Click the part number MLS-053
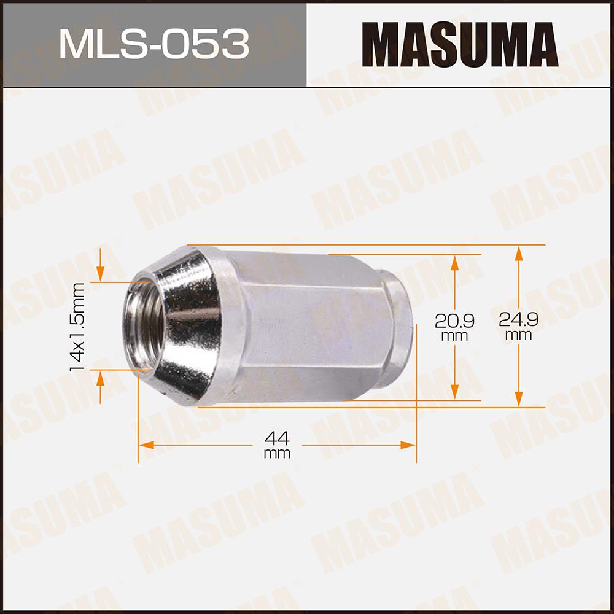pyautogui.click(x=154, y=44)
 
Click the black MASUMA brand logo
pyautogui.click(x=460, y=44)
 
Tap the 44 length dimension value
pyautogui.click(x=278, y=438)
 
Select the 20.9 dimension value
pyautogui.click(x=454, y=322)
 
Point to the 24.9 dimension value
pyautogui.click(x=518, y=320)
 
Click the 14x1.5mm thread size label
pyautogui.click(x=77, y=327)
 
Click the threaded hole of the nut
pyautogui.click(x=143, y=325)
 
